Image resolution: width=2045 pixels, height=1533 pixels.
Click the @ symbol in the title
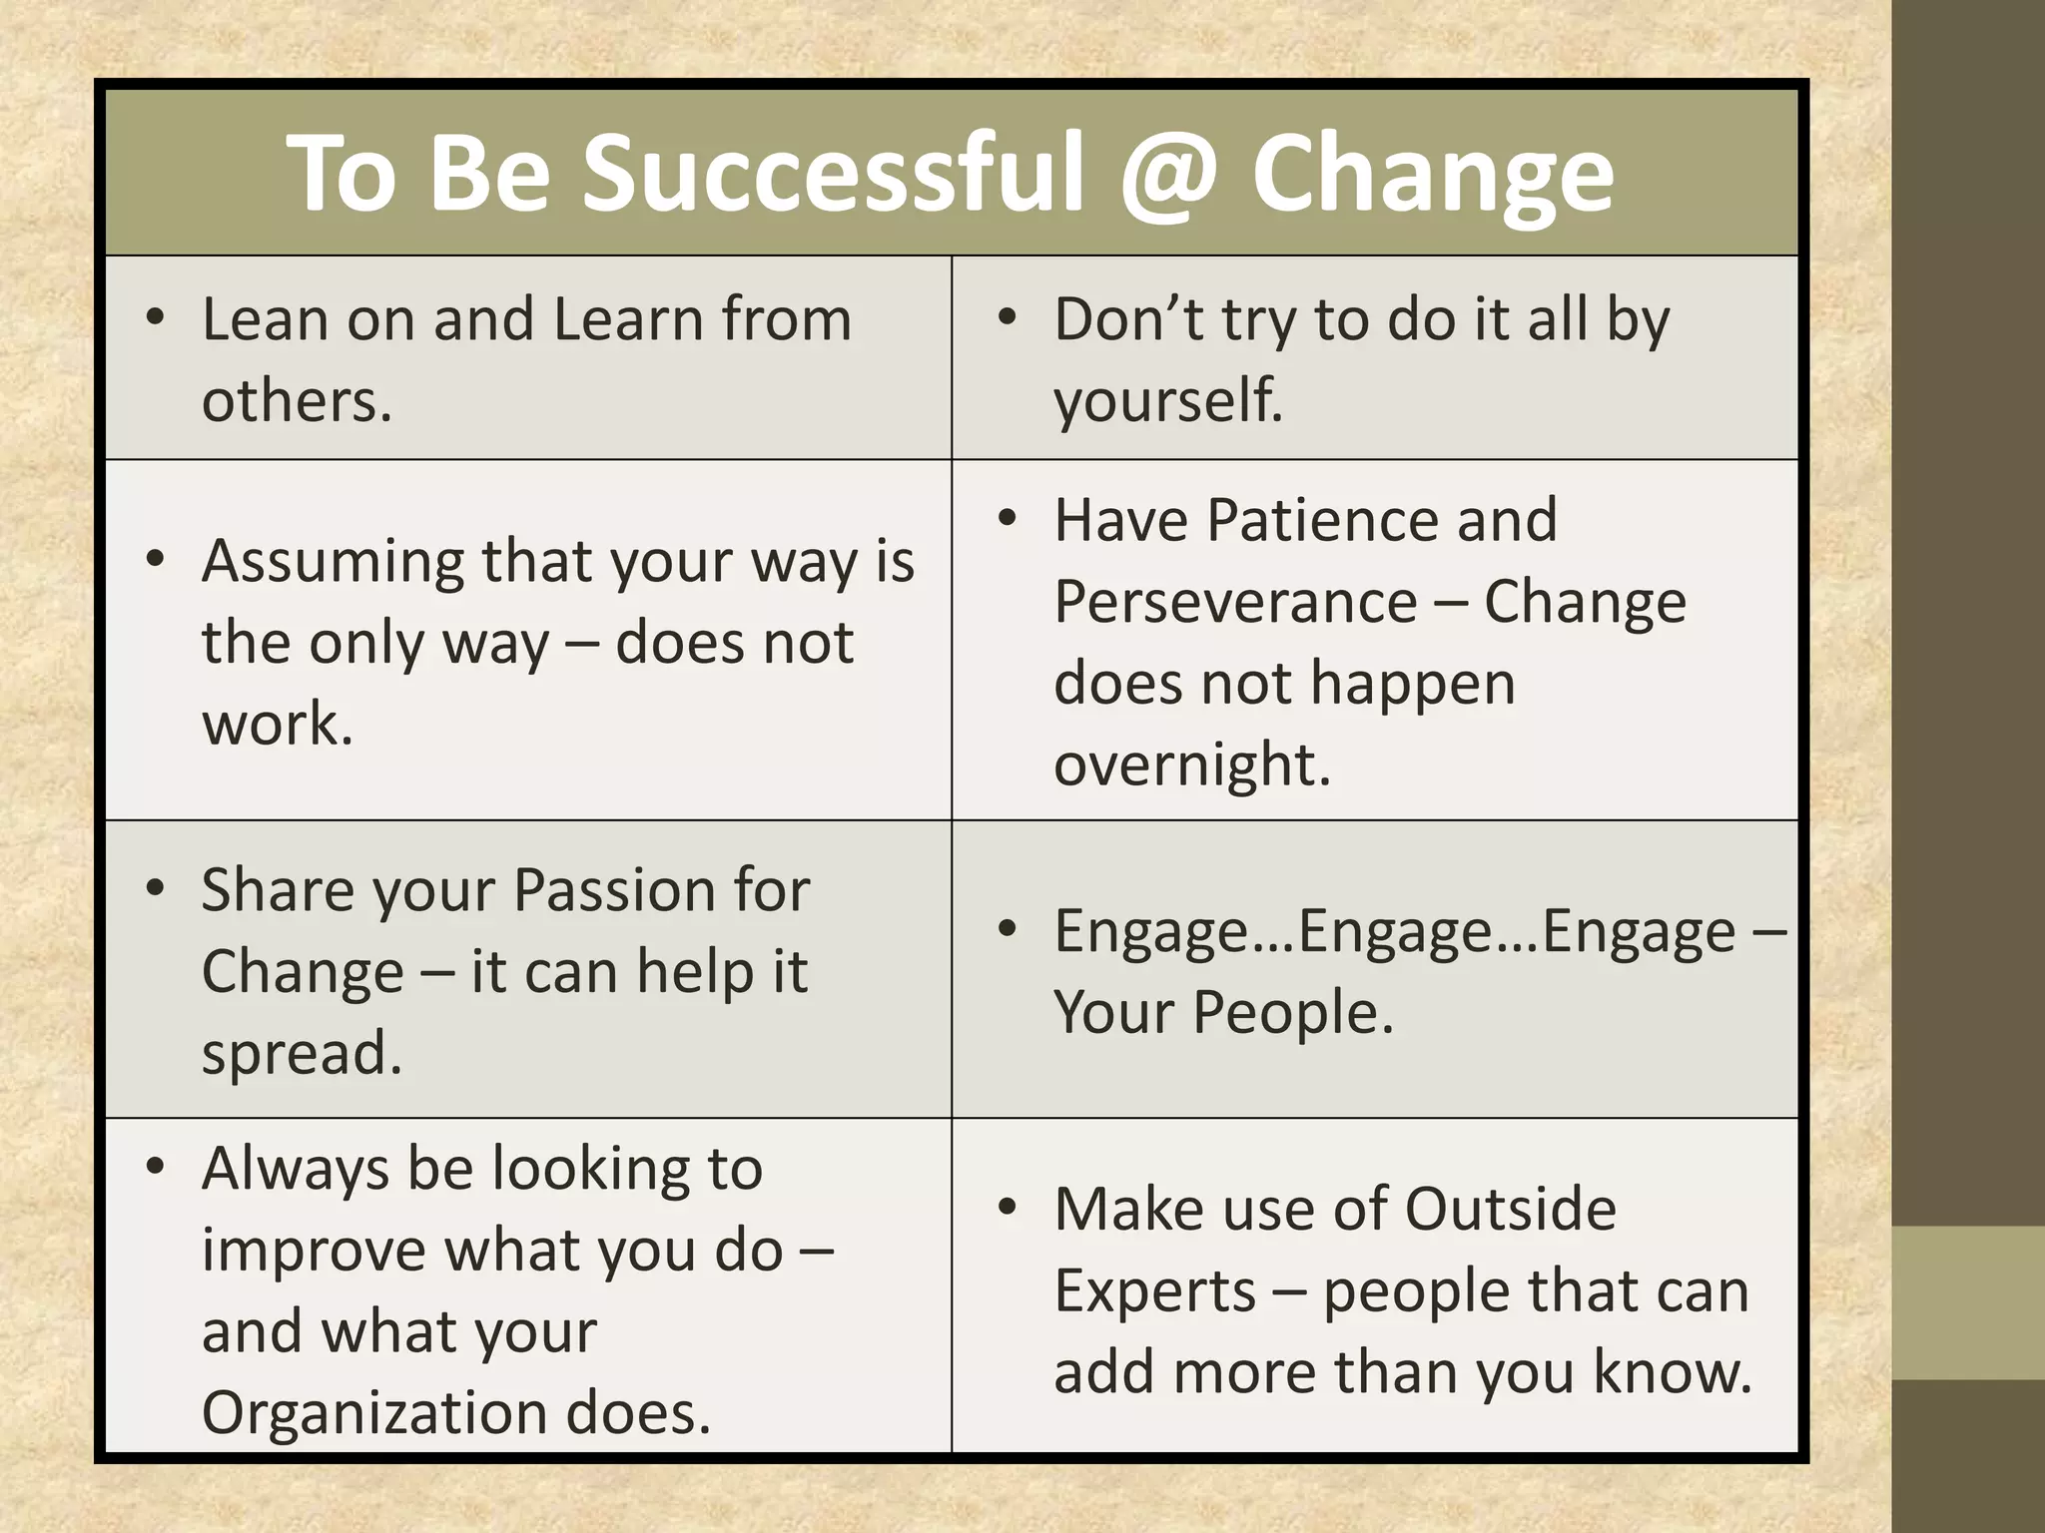point(1168,175)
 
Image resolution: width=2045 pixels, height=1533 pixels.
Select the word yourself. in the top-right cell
point(1168,401)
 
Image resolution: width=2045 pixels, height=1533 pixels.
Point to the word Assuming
point(333,563)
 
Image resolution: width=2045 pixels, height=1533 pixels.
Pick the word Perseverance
point(1235,602)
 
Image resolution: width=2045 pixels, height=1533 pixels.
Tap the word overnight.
point(1192,766)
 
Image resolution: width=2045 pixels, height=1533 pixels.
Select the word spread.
point(302,1053)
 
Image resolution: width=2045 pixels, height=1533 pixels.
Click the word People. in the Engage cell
point(1293,1013)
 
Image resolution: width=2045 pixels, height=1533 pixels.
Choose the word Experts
point(1154,1290)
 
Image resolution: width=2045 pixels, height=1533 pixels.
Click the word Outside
point(1510,1210)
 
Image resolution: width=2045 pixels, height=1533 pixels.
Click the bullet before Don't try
point(1007,318)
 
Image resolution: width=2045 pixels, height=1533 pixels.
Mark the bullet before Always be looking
point(154,1167)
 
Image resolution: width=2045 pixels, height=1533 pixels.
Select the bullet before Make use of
point(1007,1208)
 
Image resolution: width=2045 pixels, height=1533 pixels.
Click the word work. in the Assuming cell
point(278,724)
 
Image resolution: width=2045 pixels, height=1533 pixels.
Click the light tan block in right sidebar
point(1967,1302)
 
